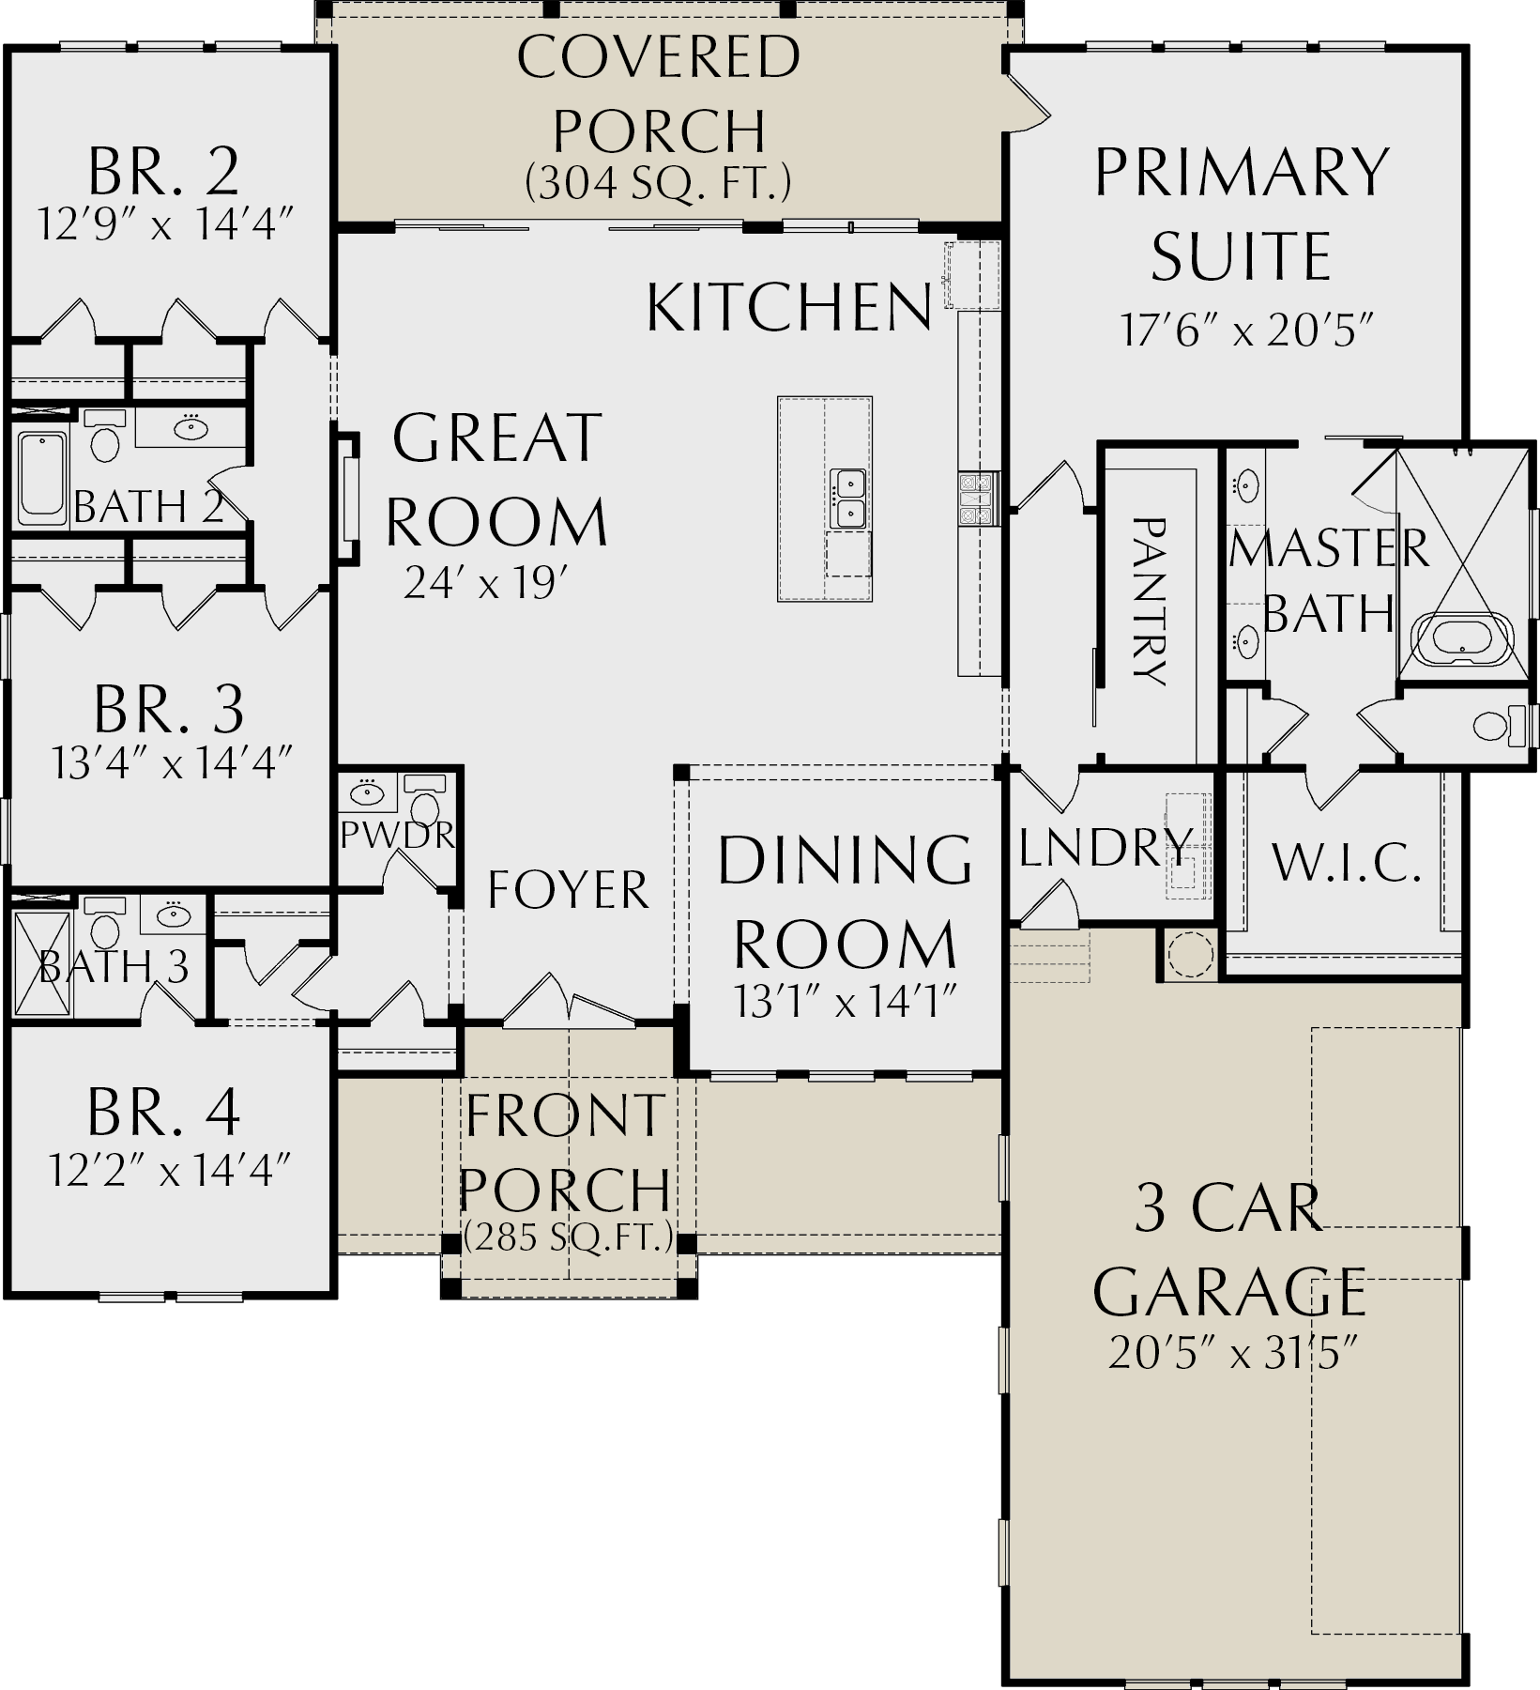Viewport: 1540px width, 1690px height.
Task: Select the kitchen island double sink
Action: pyautogui.click(x=848, y=499)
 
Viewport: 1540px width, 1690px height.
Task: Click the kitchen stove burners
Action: pyautogui.click(x=975, y=498)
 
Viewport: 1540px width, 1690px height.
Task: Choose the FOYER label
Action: pyautogui.click(x=568, y=889)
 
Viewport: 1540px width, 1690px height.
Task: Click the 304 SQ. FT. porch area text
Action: pyautogui.click(x=658, y=182)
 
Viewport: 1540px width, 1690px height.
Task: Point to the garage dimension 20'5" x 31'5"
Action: pyautogui.click(x=1234, y=1353)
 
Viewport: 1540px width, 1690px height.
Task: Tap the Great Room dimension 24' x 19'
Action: pyautogui.click(x=488, y=584)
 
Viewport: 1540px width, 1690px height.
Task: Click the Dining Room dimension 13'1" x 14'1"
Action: pyautogui.click(x=845, y=1003)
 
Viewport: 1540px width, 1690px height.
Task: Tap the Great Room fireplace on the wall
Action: pyautogui.click(x=348, y=499)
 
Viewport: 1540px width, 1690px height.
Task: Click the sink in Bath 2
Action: pyautogui.click(x=191, y=428)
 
